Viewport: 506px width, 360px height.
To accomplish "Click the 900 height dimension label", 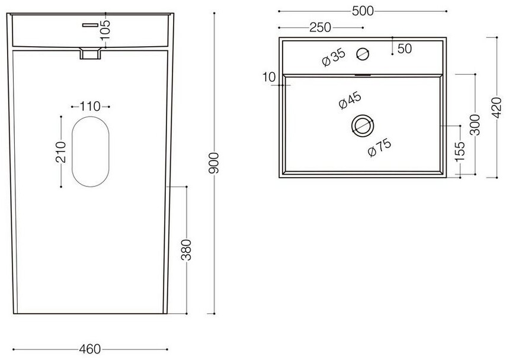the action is pyautogui.click(x=214, y=163).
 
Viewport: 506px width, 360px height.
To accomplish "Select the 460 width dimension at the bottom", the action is pyautogui.click(x=89, y=349).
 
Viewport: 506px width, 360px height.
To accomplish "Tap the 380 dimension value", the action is pyautogui.click(x=186, y=250).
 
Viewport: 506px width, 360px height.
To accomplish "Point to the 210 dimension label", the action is pyautogui.click(x=60, y=152).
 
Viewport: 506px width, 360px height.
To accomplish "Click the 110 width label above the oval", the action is pyautogui.click(x=90, y=106).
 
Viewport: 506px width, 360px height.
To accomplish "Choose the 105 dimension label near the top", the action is pyautogui.click(x=105, y=30).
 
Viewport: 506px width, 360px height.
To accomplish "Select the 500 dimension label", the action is pyautogui.click(x=363, y=11).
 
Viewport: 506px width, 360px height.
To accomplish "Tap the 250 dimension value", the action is pyautogui.click(x=320, y=27).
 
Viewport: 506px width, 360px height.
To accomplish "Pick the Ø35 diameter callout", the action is pyautogui.click(x=334, y=58).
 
